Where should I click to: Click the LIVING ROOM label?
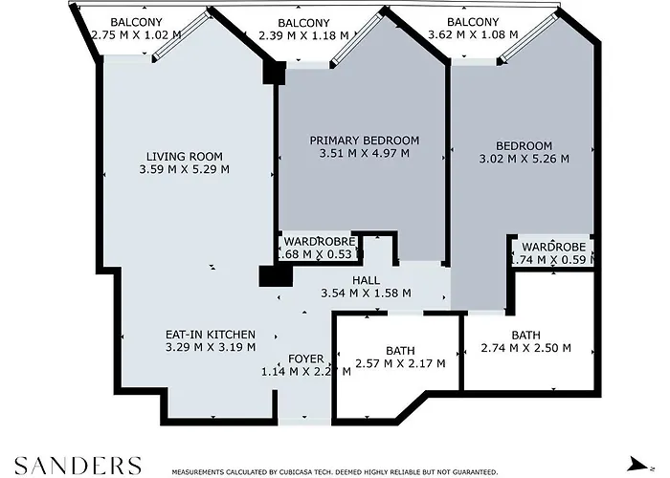185,157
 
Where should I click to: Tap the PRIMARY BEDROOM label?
364,141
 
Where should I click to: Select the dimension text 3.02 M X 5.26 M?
524,159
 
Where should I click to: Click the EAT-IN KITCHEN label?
210,335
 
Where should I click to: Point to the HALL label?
366,280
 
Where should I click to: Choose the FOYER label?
305,359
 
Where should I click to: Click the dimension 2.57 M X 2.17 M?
399,364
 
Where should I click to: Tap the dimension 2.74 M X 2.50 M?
525,348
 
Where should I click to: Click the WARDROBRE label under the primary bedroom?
319,243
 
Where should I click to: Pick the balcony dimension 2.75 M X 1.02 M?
135,34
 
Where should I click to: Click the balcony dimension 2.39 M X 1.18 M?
303,35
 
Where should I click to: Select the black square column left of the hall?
276,275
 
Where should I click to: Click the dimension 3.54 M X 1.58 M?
366,293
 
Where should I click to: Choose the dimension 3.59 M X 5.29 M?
185,170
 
